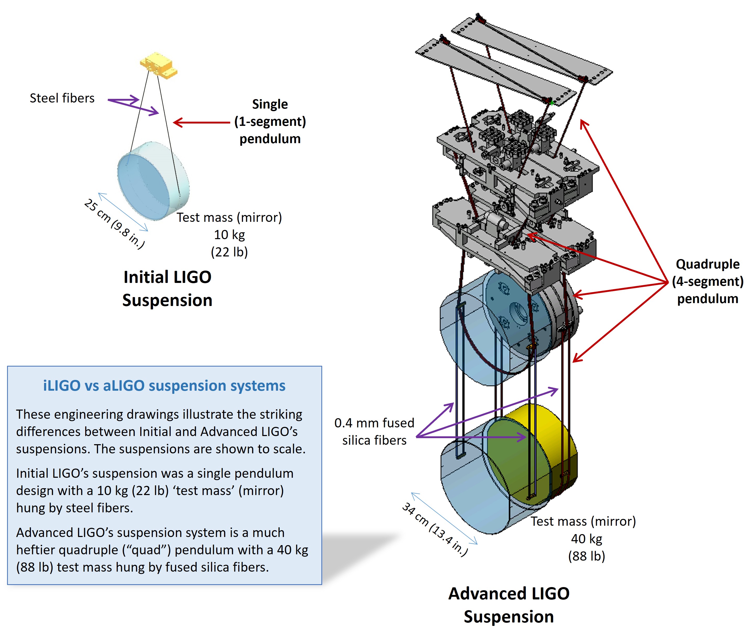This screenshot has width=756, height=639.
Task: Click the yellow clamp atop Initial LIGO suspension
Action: point(159,65)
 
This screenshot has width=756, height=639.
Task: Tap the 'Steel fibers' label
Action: point(62,98)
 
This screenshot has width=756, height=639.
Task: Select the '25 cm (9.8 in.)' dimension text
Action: point(114,223)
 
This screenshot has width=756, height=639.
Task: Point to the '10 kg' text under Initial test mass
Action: point(229,235)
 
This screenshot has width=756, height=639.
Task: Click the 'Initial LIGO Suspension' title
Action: point(167,289)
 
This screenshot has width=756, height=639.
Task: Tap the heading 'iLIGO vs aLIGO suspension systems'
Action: point(164,385)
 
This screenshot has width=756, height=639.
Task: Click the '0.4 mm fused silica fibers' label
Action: point(374,431)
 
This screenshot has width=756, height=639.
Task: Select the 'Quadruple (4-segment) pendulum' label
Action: point(708,281)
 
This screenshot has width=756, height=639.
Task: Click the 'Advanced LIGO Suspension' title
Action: point(509,605)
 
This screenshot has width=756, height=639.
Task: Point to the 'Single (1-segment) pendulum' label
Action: point(270,121)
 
